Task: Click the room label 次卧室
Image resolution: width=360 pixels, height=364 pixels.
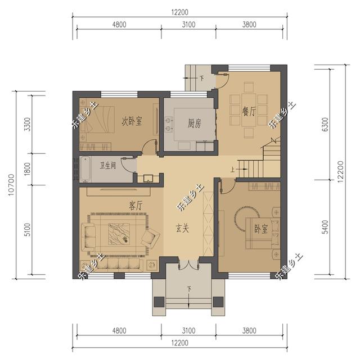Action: point(132,121)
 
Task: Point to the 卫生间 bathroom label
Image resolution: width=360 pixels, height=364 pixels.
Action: point(108,166)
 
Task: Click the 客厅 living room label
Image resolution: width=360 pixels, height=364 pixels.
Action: point(136,206)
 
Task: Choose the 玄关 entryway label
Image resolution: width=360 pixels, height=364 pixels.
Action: point(182,229)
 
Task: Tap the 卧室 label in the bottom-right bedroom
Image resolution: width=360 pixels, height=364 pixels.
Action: point(261,229)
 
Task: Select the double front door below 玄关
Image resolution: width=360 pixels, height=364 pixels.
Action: point(188,265)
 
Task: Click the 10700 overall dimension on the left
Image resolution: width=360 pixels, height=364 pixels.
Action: point(12,186)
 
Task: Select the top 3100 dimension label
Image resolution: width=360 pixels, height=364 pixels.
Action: point(188,24)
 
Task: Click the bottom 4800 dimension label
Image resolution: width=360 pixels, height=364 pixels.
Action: point(119,331)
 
